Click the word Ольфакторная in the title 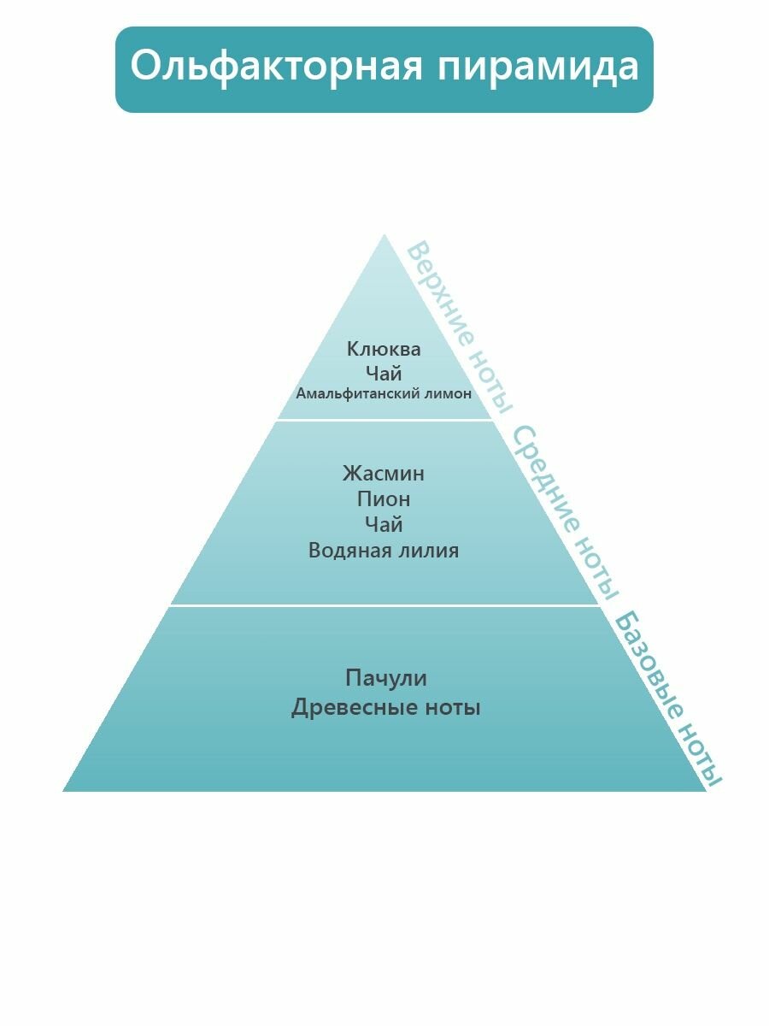[x=275, y=67]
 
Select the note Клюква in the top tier [x=384, y=349]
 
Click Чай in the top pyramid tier [x=384, y=373]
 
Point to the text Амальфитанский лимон [x=384, y=394]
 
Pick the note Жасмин [x=384, y=473]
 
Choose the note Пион [x=384, y=498]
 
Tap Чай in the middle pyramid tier [x=384, y=524]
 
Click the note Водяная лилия [x=384, y=550]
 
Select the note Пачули [x=386, y=678]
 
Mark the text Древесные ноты [x=386, y=708]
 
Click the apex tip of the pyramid [x=384, y=237]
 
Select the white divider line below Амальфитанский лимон [x=384, y=420]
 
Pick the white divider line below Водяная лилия [x=384, y=605]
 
